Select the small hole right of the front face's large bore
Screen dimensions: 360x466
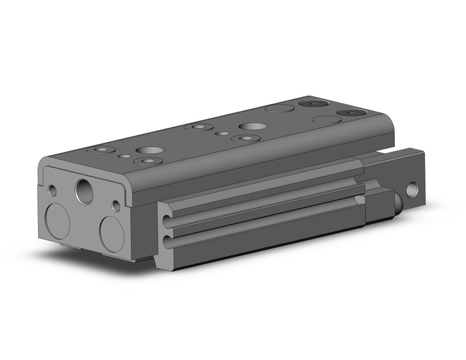pos(116,205)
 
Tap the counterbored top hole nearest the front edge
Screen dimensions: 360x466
pos(147,161)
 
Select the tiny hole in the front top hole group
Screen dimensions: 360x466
pos(126,157)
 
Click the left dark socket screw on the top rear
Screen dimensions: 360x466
pos(315,104)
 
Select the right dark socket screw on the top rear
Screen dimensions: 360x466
pos(351,113)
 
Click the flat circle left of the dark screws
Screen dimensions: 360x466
pos(278,109)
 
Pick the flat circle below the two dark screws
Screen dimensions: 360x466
pos(327,120)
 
